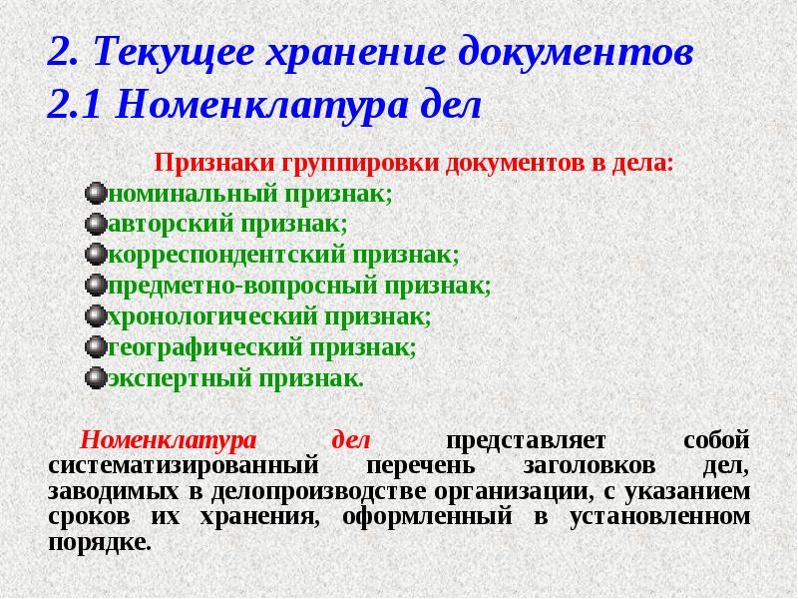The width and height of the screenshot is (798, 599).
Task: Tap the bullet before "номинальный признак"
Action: click(96, 193)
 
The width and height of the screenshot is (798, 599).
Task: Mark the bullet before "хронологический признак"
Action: click(96, 316)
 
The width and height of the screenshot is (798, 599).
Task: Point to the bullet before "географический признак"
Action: click(96, 347)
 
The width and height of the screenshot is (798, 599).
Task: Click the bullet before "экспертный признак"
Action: click(96, 378)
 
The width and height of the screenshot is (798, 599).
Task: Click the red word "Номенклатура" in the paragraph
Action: click(169, 440)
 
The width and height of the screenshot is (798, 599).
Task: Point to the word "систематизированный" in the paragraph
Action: click(182, 466)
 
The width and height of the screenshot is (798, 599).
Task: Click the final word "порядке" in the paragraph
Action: click(98, 544)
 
